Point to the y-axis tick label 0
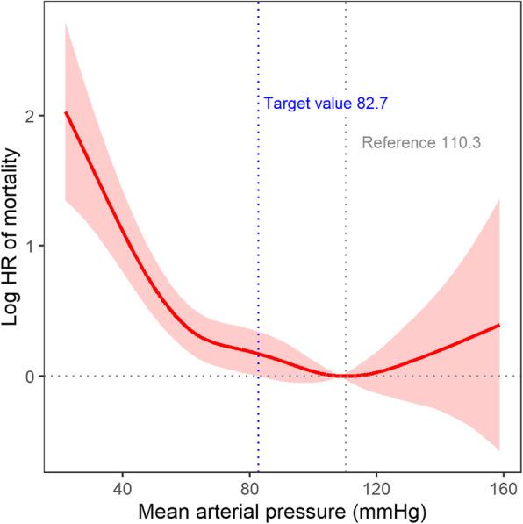[32, 377]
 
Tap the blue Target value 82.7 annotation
[326, 104]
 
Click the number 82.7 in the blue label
[373, 104]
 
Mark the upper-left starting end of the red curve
[66, 113]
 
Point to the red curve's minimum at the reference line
[346, 376]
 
